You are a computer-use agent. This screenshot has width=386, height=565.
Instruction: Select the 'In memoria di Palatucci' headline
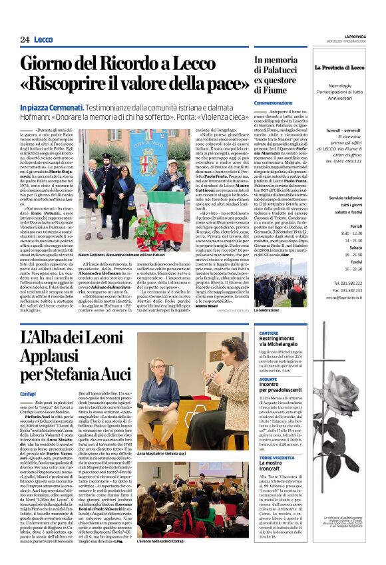(x=279, y=74)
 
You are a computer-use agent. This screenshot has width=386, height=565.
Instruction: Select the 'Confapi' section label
(x=29, y=394)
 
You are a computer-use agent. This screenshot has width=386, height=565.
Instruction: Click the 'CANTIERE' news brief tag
(x=269, y=332)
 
